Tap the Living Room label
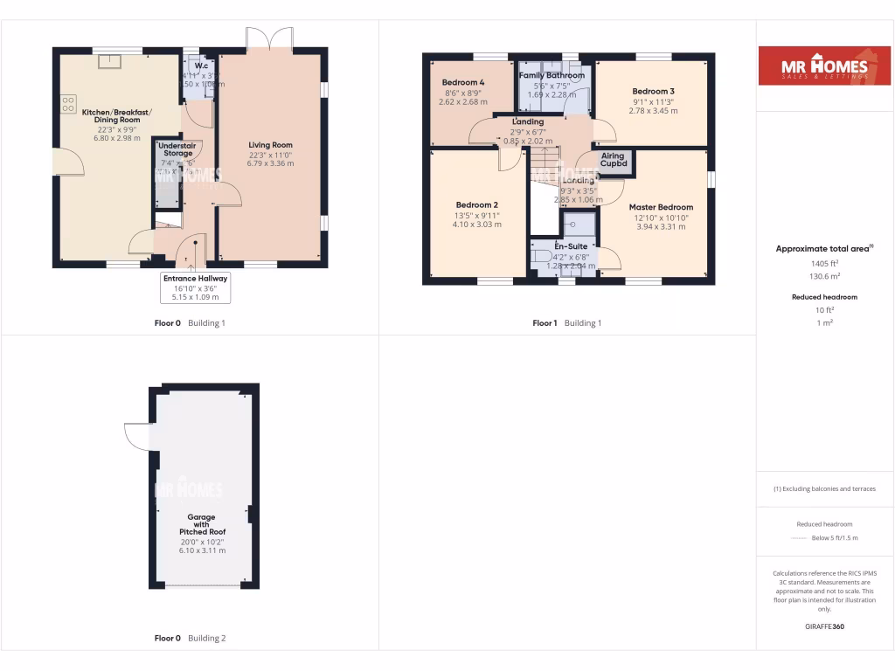click(x=270, y=145)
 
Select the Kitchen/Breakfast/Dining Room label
click(x=116, y=117)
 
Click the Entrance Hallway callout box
click(x=195, y=287)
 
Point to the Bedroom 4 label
click(x=463, y=83)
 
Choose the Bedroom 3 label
click(x=653, y=92)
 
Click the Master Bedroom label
click(x=661, y=208)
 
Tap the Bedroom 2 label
click(x=476, y=205)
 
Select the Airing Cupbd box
click(x=614, y=161)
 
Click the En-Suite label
click(x=572, y=247)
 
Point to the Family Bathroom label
click(x=552, y=76)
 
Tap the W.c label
click(x=201, y=66)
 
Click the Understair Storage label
click(x=177, y=149)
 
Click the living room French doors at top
click(x=268, y=40)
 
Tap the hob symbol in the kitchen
click(x=67, y=104)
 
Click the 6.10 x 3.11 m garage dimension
click(x=202, y=550)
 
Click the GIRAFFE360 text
click(x=824, y=626)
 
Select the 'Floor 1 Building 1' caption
click(x=567, y=322)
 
